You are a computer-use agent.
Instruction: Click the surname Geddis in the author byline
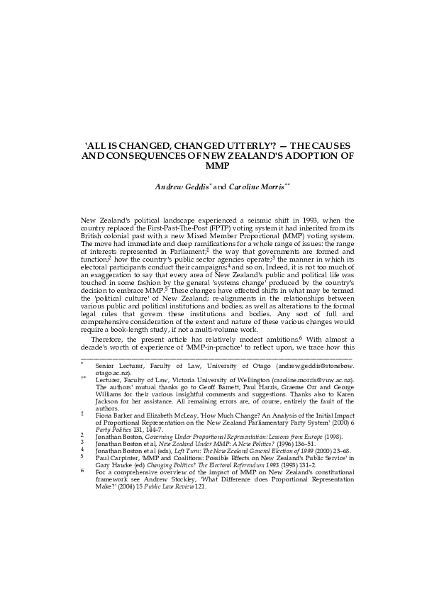point(192,186)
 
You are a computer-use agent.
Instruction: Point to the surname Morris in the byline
point(269,186)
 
